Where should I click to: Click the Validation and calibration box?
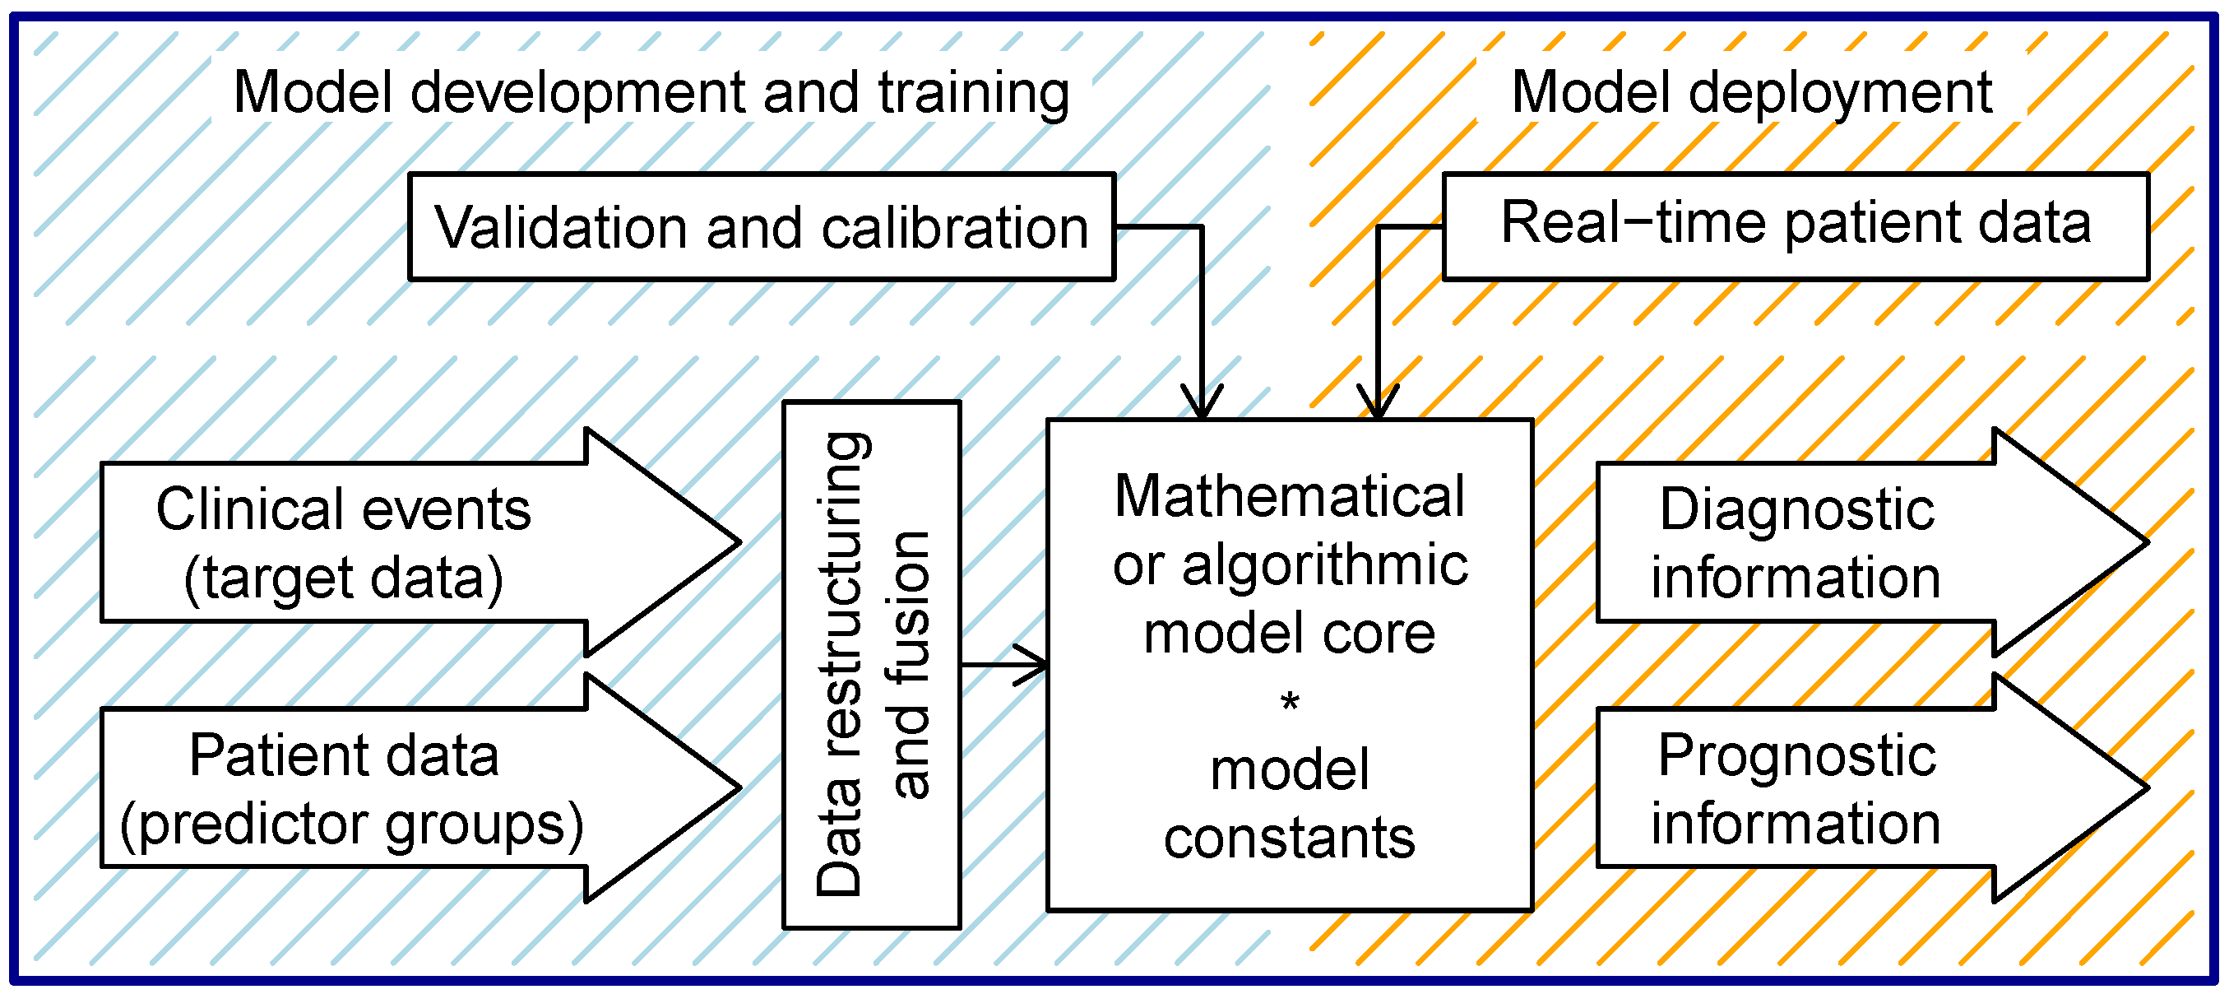click(762, 227)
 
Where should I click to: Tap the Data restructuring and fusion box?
click(871, 664)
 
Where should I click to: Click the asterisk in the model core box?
click(1290, 702)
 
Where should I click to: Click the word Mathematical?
click(1290, 496)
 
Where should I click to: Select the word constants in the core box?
click(1290, 838)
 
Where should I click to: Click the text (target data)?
click(344, 578)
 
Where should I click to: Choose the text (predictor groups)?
click(352, 824)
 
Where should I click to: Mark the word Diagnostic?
click(1796, 509)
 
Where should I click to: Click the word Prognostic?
click(1796, 756)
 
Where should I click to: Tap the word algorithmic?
click(1325, 565)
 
